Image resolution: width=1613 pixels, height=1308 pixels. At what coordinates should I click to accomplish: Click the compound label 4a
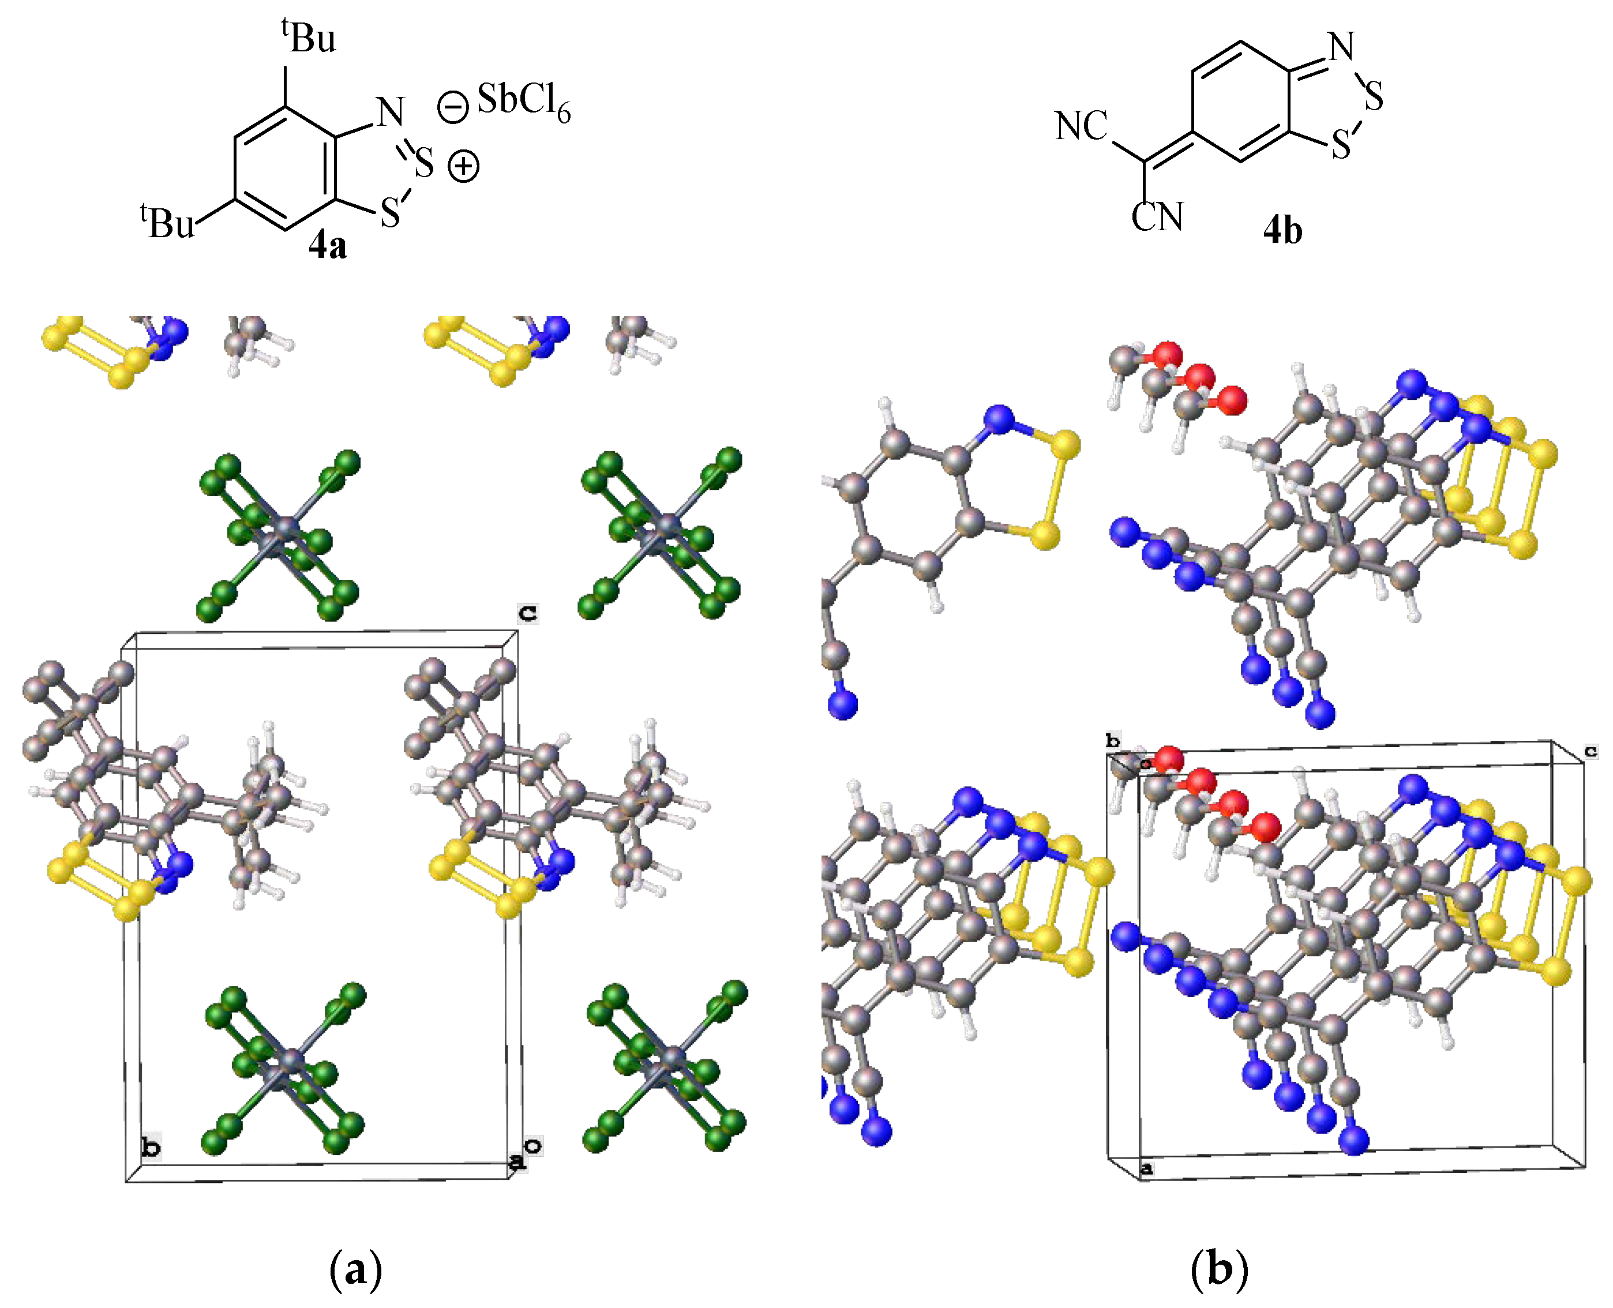coord(328,246)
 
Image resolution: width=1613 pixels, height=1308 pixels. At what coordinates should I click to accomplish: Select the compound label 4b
coord(1282,230)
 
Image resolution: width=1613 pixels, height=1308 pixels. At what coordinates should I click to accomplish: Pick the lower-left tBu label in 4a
coord(167,222)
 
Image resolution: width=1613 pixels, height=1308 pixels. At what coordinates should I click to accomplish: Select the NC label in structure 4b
coord(1081,126)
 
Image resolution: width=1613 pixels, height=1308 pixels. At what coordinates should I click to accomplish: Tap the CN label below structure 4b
coord(1157,217)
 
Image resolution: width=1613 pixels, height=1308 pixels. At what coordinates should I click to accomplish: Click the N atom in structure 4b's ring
coord(1342,47)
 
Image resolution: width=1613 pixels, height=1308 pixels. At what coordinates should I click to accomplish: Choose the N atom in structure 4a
coord(390,113)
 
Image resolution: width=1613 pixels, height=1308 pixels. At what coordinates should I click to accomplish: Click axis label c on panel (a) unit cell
coord(528,613)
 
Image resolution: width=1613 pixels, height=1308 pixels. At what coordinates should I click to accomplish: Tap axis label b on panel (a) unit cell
coord(151,1148)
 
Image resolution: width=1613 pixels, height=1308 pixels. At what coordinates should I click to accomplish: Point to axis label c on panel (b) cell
coord(1591,751)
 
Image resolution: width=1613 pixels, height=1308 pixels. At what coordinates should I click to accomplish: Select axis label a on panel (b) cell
coord(1146,1168)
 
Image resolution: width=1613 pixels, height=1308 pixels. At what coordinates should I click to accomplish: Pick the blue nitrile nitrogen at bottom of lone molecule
coord(842,704)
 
